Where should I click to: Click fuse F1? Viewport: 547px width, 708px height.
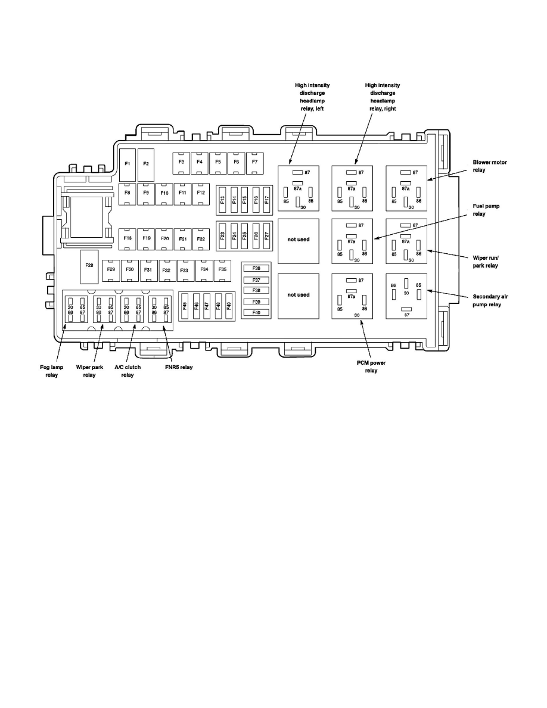coord(128,164)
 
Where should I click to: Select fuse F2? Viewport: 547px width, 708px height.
coord(146,164)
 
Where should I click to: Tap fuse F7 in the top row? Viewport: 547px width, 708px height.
coord(254,162)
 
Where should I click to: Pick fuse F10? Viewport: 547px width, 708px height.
coord(164,194)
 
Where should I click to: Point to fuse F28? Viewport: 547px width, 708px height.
coord(89,265)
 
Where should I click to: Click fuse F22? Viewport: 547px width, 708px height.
coord(201,238)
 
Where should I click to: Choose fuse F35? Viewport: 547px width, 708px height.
coord(223,270)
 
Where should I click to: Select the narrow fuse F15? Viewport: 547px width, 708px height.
coord(244,200)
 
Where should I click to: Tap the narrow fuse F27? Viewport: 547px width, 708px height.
coord(266,235)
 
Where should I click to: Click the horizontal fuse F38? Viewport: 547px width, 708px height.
coord(256,290)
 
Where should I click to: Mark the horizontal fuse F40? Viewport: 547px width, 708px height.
coord(256,312)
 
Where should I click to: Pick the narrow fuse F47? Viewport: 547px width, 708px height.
coord(207,306)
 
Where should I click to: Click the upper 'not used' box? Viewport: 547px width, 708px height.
coord(299,240)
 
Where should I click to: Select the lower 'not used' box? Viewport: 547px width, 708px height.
coord(299,295)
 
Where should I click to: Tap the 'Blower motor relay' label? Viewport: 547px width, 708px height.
coord(490,166)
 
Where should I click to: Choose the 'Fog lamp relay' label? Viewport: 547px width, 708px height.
coord(52,371)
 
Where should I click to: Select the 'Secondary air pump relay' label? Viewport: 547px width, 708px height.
coord(490,300)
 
